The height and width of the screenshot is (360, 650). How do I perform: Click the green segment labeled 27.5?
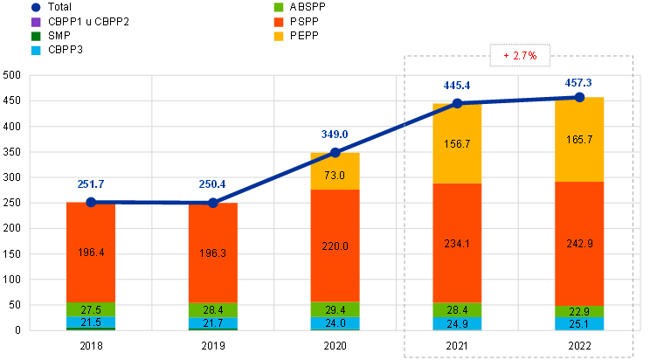point(91,309)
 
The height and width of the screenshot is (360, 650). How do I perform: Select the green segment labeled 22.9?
point(580,311)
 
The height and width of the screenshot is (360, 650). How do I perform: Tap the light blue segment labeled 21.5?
point(91,323)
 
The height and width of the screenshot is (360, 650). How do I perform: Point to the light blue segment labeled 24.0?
point(335,323)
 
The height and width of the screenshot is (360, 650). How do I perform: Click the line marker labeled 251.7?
point(91,202)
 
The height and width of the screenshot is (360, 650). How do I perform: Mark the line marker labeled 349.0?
point(335,152)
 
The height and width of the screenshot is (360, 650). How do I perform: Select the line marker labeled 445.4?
point(457,103)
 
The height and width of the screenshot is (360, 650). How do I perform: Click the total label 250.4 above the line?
point(212,184)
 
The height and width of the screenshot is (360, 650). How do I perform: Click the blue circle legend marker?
point(36,7)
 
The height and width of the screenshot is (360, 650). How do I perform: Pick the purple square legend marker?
point(36,21)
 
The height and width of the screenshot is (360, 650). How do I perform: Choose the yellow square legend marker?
point(278,36)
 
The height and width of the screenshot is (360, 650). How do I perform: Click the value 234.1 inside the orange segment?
point(457,245)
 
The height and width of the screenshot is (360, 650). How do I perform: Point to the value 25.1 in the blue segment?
point(580,324)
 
